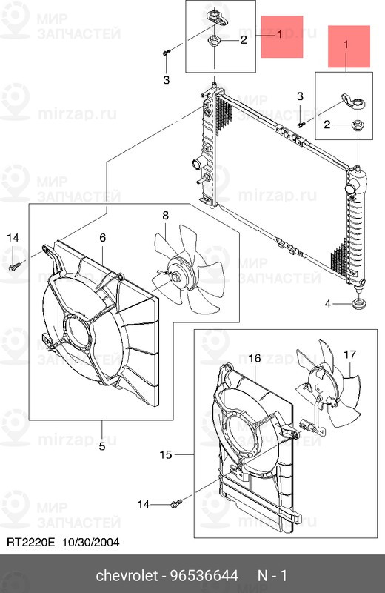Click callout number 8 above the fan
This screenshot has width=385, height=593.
click(165, 215)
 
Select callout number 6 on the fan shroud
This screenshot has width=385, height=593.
click(103, 237)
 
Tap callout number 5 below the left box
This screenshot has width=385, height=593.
click(102, 445)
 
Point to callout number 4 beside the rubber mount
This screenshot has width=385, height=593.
click(328, 303)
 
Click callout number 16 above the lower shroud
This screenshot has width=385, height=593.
click(254, 359)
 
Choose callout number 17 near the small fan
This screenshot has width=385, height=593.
click(349, 354)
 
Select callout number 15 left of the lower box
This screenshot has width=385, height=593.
click(166, 454)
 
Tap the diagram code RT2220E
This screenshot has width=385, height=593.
click(32, 543)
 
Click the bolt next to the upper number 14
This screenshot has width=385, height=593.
click(14, 265)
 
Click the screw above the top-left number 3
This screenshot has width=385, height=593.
click(167, 53)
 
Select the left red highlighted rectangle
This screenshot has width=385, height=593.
click(281, 37)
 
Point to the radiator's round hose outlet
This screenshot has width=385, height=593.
click(196, 164)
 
